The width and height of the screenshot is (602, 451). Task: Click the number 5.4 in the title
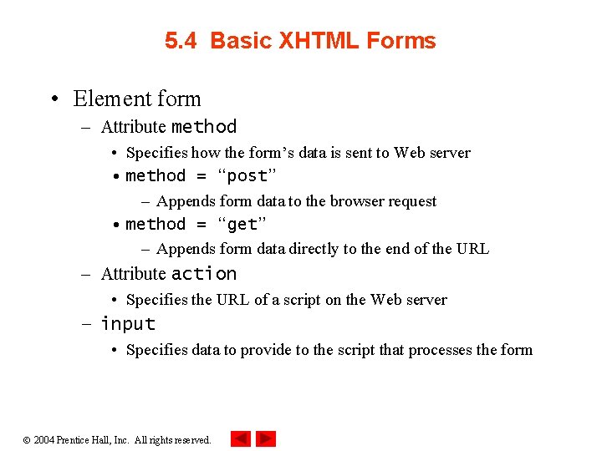(181, 41)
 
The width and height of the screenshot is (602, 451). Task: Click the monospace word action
(204, 274)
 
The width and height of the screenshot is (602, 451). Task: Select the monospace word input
(128, 324)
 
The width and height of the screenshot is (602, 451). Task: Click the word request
(410, 201)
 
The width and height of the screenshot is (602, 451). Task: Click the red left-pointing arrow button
(240, 438)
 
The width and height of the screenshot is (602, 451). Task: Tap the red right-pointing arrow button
(266, 438)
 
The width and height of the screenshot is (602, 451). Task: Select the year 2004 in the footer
(43, 440)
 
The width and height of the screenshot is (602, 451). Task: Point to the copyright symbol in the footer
(27, 440)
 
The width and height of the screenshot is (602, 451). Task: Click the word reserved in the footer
(191, 440)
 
